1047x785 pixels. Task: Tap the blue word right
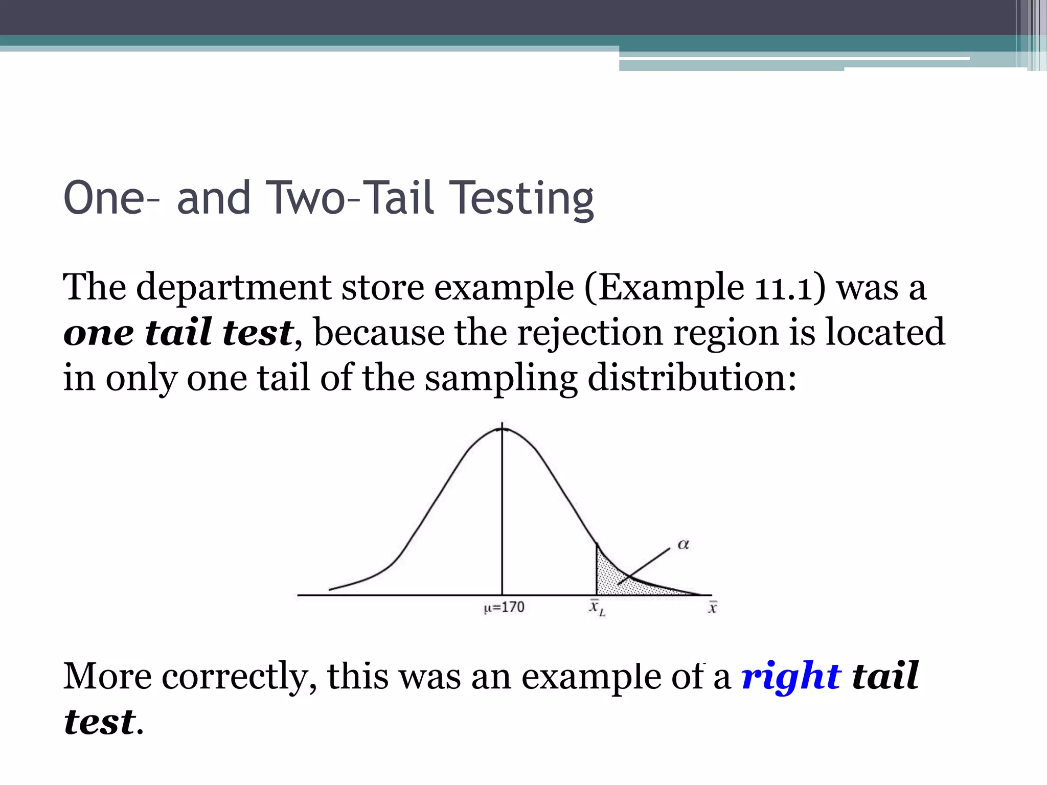[x=791, y=676]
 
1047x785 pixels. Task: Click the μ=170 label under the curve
[x=504, y=607]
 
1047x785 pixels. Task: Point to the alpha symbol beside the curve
[x=683, y=545]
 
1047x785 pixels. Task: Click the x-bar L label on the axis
[x=597, y=608]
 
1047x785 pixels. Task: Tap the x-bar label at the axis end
[x=712, y=608]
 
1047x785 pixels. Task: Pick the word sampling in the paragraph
[x=500, y=378]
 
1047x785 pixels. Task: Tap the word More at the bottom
[x=107, y=676]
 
